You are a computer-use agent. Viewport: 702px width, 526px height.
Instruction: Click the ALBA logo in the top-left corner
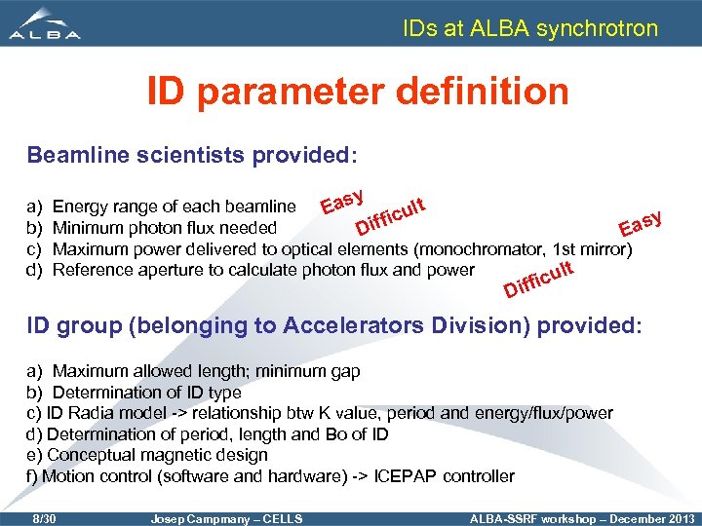(x=45, y=24)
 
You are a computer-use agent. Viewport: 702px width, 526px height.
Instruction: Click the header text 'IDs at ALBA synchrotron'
(x=530, y=28)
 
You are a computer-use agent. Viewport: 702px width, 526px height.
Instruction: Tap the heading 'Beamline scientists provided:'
(x=192, y=156)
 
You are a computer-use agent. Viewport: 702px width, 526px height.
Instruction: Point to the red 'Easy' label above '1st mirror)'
(x=641, y=224)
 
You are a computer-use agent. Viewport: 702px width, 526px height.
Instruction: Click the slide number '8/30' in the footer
(x=45, y=517)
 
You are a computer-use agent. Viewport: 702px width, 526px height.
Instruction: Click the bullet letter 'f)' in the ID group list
(x=32, y=476)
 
